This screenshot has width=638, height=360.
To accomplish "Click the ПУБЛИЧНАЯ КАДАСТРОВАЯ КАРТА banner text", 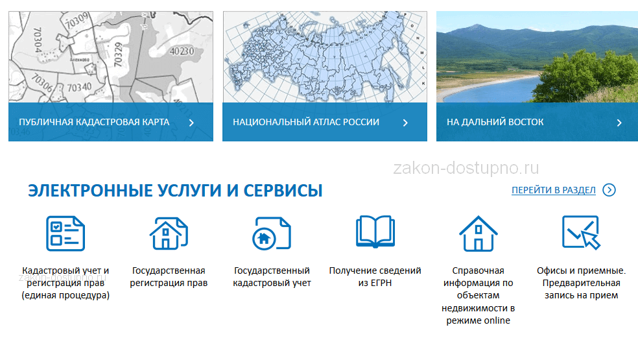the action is click(94, 122).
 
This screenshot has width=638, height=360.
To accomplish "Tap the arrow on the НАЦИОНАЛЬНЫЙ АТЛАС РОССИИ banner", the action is click(405, 123).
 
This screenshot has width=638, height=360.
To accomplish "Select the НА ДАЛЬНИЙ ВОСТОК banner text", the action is click(495, 122).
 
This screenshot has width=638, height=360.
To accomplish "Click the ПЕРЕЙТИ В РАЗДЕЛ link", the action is click(553, 190).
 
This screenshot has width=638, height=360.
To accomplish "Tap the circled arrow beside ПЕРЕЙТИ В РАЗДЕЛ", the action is click(609, 190).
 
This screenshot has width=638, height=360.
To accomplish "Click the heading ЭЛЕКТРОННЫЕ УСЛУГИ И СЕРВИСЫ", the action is click(175, 191).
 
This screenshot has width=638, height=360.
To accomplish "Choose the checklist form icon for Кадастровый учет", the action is click(65, 234).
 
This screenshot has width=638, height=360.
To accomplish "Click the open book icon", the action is click(375, 232).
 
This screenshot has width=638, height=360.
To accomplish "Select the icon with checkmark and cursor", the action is click(581, 232).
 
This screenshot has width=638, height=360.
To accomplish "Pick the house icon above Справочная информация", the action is click(478, 234).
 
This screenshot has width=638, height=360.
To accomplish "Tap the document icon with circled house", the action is click(272, 234).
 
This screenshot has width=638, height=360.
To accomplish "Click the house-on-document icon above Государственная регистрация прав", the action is click(169, 234).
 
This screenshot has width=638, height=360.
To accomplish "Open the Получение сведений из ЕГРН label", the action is click(375, 276).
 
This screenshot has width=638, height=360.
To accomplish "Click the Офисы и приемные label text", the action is click(581, 270).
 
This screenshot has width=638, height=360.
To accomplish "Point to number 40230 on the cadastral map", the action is click(182, 51).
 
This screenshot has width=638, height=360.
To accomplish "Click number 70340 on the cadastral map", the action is click(79, 87).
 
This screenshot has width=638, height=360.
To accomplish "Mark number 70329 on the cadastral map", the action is click(118, 54).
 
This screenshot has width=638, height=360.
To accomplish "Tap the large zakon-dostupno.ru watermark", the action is click(466, 168).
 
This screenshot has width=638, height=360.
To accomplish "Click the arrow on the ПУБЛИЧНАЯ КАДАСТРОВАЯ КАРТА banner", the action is click(191, 123).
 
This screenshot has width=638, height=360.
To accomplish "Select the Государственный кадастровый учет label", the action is click(272, 276).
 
